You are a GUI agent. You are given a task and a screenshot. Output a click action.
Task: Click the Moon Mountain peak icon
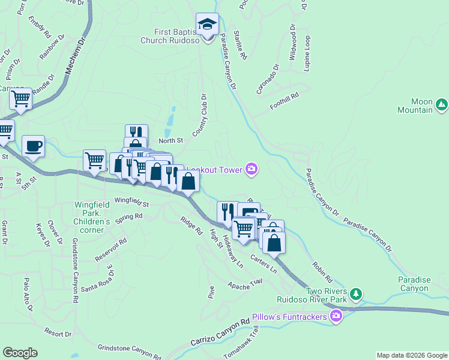pyautogui.click(x=442, y=105)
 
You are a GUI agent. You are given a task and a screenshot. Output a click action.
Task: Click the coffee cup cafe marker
pyautogui.click(x=33, y=146)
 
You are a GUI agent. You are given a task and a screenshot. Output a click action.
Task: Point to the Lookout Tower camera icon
pyautogui.click(x=252, y=170)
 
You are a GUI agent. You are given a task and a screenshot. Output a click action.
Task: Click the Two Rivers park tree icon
pyautogui.click(x=357, y=293)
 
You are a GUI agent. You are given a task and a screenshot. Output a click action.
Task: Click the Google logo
pyautogui.click(x=20, y=353)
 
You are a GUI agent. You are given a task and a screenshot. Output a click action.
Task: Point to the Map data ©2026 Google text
pyautogui.click(x=411, y=355)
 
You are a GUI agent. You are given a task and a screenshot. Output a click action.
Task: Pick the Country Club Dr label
pyautogui.click(x=199, y=115)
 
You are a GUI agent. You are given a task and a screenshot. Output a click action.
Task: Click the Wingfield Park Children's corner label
pyautogui.click(x=92, y=217)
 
